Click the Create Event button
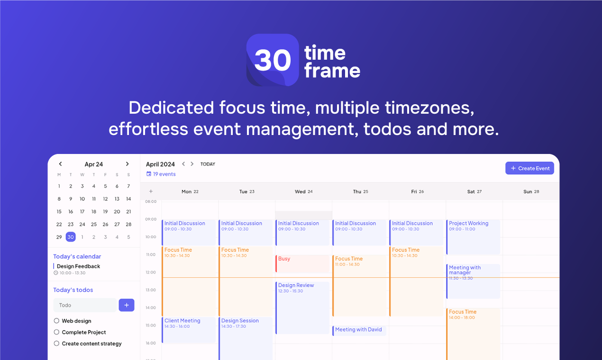click(x=529, y=168)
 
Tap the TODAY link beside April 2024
click(x=208, y=164)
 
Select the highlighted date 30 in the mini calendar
click(x=71, y=237)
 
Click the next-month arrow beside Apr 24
click(x=127, y=164)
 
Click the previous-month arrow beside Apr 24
click(x=60, y=164)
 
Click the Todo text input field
click(x=85, y=305)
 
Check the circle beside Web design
click(x=56, y=321)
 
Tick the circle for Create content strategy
click(x=56, y=343)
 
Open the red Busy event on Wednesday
click(x=302, y=263)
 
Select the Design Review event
click(x=302, y=307)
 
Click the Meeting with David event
click(x=359, y=330)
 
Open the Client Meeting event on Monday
click(x=188, y=330)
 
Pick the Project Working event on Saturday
click(x=473, y=236)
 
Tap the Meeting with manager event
click(x=473, y=281)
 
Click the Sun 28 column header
click(x=531, y=192)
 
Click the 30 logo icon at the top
click(x=273, y=60)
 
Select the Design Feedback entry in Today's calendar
click(x=78, y=266)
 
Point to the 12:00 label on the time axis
click(x=151, y=272)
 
